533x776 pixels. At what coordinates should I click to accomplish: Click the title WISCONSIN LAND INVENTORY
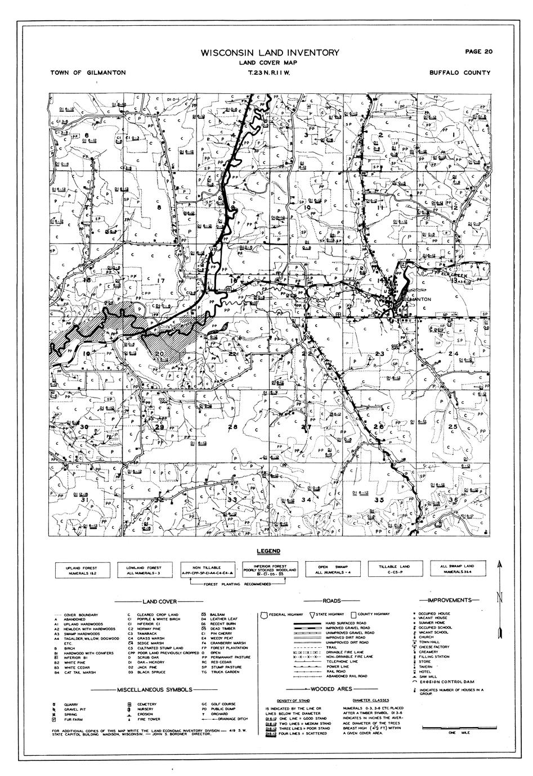[270, 53]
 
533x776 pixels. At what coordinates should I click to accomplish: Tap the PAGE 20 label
[479, 52]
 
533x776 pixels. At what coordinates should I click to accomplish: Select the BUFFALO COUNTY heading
[459, 73]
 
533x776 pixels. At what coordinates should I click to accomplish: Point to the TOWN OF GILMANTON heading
[88, 73]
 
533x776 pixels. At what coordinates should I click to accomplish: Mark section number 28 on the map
[232, 427]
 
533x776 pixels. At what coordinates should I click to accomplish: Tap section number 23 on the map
[379, 353]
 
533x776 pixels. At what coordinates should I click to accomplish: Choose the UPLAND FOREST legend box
[84, 570]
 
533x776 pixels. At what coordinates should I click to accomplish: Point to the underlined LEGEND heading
[268, 551]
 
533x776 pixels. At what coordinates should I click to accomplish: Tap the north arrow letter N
[499, 598]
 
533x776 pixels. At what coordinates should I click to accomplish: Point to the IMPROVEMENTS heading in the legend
[453, 601]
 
